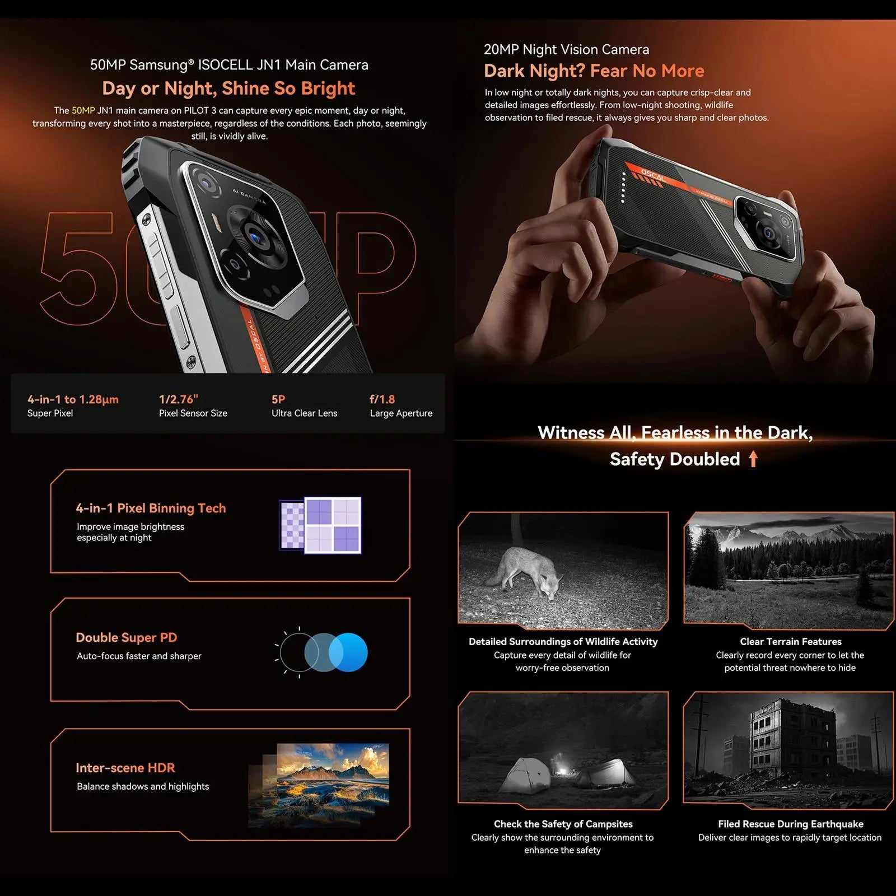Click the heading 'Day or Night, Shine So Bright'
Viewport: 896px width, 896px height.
pos(228,88)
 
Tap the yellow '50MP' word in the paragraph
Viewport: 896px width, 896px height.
pos(83,111)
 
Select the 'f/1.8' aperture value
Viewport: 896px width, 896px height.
pos(382,399)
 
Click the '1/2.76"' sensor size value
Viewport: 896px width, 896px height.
pos(179,399)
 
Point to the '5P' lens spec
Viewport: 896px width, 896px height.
pos(278,399)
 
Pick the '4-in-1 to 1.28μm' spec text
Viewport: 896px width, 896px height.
pos(73,399)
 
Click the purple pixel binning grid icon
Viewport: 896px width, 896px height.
pos(321,525)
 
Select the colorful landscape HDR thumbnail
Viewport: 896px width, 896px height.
pos(333,776)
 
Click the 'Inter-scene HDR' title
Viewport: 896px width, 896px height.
pos(125,768)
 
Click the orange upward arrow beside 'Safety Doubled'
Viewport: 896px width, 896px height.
pos(753,459)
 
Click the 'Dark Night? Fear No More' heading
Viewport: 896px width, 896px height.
pos(594,71)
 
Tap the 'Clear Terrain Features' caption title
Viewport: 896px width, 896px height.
pos(791,642)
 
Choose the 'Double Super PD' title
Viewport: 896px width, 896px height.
pos(127,638)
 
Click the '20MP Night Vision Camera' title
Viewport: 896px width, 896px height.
pos(566,50)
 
